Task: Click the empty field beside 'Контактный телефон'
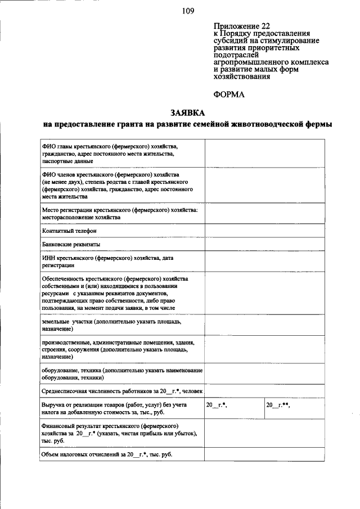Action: coord(264,231)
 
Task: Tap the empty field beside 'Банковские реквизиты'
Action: coord(264,245)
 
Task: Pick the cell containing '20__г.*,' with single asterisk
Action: coord(234,408)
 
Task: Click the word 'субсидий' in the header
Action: coord(230,41)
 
